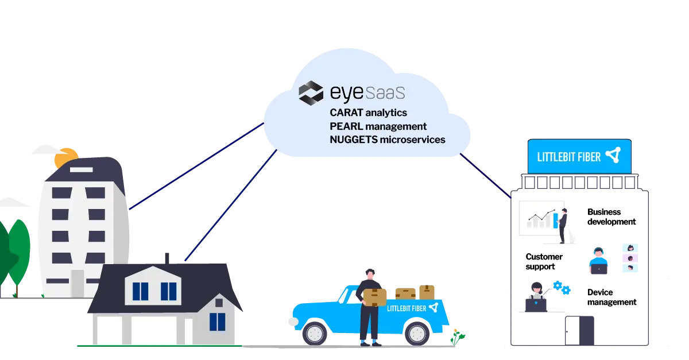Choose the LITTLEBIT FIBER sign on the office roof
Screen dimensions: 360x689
pos(579,156)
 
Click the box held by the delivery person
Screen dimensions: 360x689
pos(374,296)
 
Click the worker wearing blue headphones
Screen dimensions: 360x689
pos(598,261)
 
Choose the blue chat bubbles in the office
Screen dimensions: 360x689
pos(561,287)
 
